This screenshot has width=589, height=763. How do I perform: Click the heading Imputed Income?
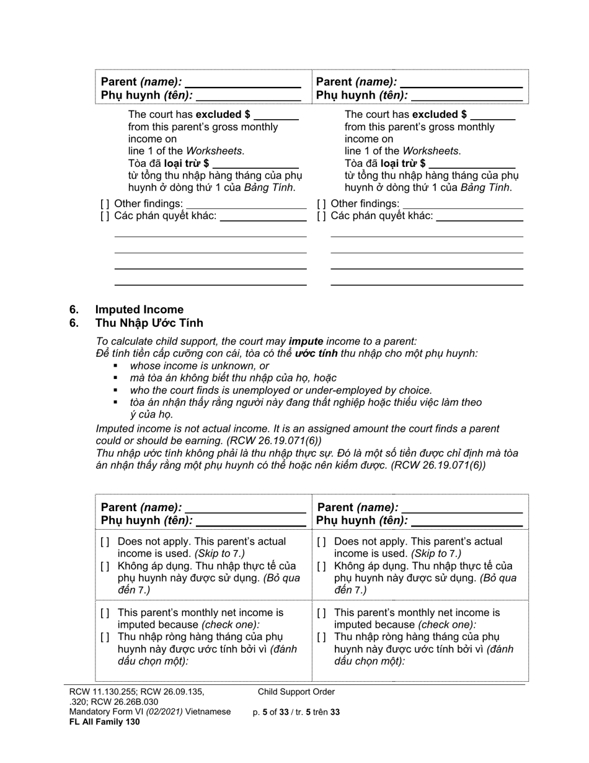pos(139,310)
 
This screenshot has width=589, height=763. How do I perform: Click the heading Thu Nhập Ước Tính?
pos(149,323)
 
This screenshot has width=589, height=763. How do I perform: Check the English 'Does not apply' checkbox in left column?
pos(105,542)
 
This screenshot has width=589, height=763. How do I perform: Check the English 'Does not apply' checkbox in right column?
pos(321,542)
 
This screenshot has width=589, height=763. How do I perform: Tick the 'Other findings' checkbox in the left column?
pos(105,204)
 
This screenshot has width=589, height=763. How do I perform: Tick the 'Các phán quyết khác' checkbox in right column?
pos(321,216)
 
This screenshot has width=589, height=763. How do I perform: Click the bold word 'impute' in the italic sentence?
pos(306,341)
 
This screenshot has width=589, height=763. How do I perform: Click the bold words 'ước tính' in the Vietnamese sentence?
pos(316,354)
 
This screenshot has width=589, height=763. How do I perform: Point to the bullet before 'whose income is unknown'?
pos(116,366)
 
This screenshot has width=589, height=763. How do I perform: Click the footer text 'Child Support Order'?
pos(296,692)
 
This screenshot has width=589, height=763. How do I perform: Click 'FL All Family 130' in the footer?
pos(105,721)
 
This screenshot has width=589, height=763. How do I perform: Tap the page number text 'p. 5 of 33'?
pos(271,712)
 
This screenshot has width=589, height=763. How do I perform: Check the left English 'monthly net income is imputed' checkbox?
pos(105,613)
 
